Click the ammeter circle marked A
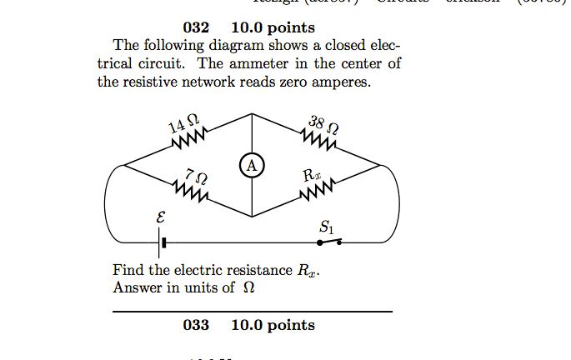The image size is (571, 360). (252, 166)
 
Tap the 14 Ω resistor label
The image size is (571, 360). (183, 125)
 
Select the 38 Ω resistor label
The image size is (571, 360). (323, 127)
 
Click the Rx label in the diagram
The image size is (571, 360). (310, 176)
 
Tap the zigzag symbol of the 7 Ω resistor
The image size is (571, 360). (191, 193)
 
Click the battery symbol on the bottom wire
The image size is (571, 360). (162, 243)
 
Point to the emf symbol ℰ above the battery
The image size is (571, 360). (161, 217)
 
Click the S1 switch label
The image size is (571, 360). (325, 226)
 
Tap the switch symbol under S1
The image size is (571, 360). (328, 242)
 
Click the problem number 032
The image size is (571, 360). (195, 27)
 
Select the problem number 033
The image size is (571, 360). (195, 325)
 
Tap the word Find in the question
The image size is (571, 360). (127, 271)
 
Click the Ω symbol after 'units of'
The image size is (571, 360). (248, 288)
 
